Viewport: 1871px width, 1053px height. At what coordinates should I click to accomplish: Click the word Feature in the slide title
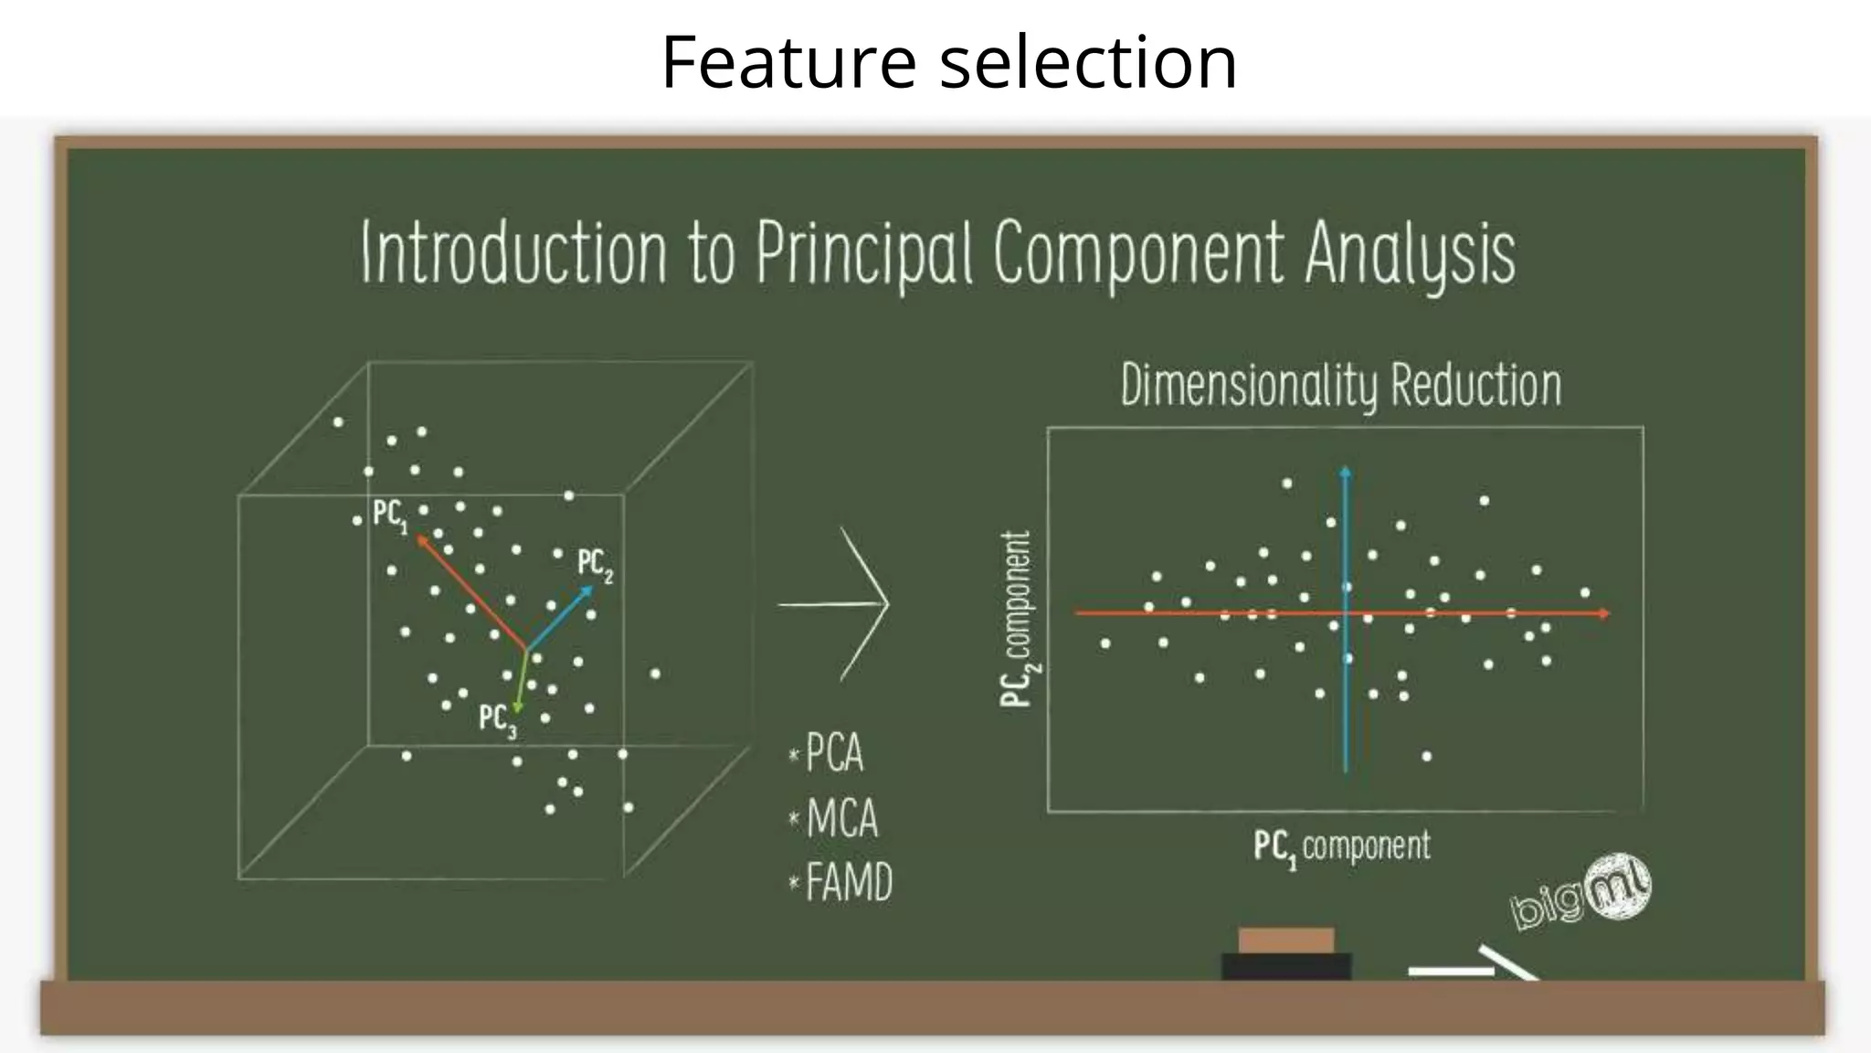point(788,62)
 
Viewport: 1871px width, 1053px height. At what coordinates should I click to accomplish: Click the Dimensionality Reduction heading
point(1340,386)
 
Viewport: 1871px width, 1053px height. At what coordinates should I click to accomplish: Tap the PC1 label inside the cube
point(390,516)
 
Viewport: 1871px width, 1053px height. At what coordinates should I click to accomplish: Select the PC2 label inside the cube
point(595,564)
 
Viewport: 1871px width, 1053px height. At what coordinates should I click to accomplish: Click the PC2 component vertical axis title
point(1018,619)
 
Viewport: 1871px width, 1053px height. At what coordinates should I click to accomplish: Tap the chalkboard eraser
point(1286,954)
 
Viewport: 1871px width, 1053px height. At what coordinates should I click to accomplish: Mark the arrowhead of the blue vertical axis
point(1345,473)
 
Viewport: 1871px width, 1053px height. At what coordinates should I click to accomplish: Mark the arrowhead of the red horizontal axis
point(1604,613)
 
